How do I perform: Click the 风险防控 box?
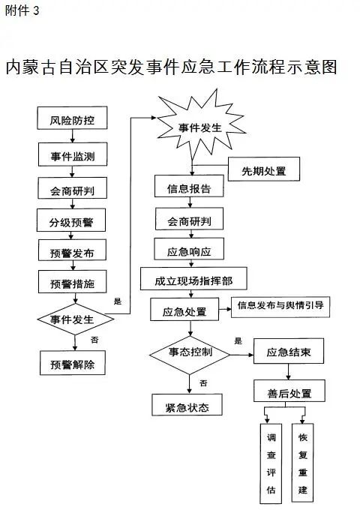72,118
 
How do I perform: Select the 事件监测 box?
73,154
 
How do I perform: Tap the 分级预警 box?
71,220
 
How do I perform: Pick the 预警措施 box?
73,282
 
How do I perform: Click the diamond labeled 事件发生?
75,319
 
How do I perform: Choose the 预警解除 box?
73,363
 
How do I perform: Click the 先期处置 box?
264,169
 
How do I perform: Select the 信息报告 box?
189,186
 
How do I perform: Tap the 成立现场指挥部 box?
193,279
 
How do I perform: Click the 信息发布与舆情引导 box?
280,307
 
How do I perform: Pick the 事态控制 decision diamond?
190,355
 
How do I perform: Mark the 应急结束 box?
289,351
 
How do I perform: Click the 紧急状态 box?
187,405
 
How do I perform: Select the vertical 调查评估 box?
271,463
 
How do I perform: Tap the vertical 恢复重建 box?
303,463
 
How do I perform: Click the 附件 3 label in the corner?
22,10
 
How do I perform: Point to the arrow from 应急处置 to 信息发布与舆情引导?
225,309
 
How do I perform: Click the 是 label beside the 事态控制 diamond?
238,341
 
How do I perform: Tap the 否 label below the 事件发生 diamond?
94,340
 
